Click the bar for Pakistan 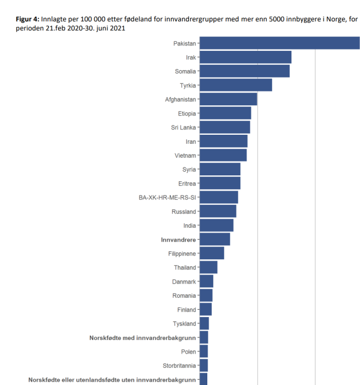[279, 43]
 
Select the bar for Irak [245, 57]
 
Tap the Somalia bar [244, 71]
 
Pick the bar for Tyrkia [236, 85]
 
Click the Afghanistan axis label [181, 99]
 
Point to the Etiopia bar [225, 113]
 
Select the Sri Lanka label [183, 127]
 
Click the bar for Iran [223, 142]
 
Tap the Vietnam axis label [185, 156]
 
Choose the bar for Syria [220, 170]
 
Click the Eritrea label [187, 183]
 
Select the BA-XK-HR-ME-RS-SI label [167, 197]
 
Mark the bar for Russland [217, 211]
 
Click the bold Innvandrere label [178, 240]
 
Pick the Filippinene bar [212, 253]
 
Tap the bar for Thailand [208, 267]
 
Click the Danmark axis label [184, 281]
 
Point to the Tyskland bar [204, 324]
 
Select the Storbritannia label [179, 366]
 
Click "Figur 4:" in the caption [27, 19]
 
